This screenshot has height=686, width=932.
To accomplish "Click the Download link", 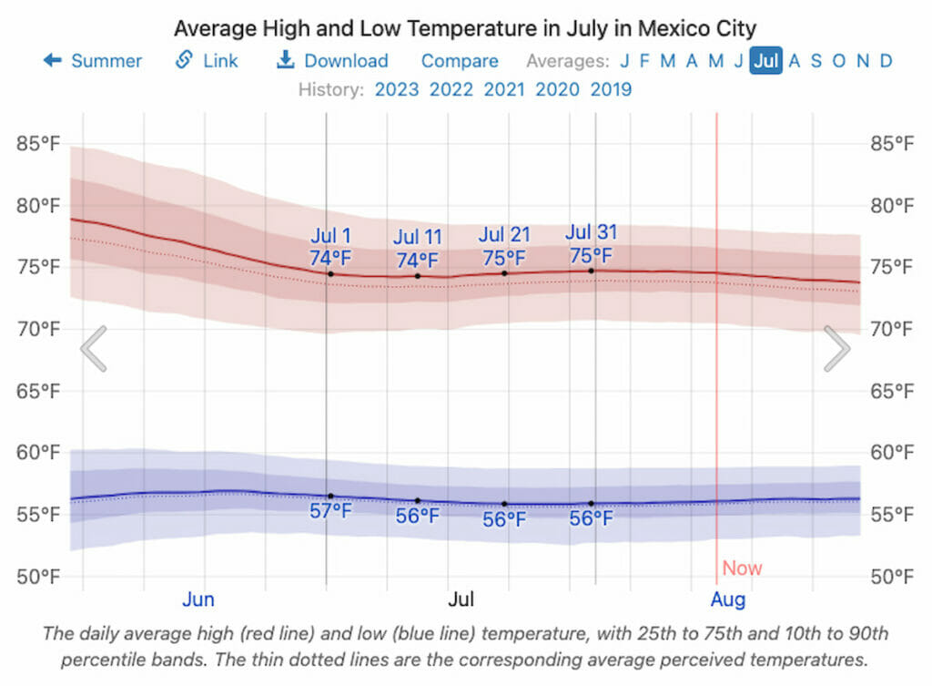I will tap(333, 61).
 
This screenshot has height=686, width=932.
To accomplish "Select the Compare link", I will tap(460, 61).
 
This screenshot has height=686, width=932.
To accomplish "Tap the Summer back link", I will tap(93, 61).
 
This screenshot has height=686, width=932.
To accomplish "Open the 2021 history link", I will tap(503, 89).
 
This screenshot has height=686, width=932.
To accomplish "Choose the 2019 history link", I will tap(611, 89).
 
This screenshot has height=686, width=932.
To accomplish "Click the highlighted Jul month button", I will tap(765, 61).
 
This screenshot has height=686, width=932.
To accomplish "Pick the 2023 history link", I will tap(396, 89).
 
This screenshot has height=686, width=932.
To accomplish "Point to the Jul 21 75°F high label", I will tap(504, 247).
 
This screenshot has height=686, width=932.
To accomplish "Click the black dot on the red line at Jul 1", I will tap(330, 273).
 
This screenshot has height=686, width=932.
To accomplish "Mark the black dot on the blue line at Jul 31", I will tap(591, 503).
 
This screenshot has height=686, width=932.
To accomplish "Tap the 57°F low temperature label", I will tap(330, 511).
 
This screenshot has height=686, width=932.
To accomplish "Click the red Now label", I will tap(742, 568).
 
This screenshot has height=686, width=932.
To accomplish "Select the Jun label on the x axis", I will tap(198, 599).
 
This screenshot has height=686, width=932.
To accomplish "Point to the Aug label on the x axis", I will tap(728, 599).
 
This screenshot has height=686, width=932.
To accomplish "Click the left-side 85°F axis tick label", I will tap(38, 143).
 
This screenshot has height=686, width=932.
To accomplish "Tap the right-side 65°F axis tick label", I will tap(892, 391).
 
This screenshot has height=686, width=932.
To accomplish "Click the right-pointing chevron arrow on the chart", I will tap(836, 348).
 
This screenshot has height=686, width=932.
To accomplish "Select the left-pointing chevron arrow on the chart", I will tap(94, 348).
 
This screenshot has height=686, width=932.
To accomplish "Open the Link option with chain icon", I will tap(207, 61).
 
